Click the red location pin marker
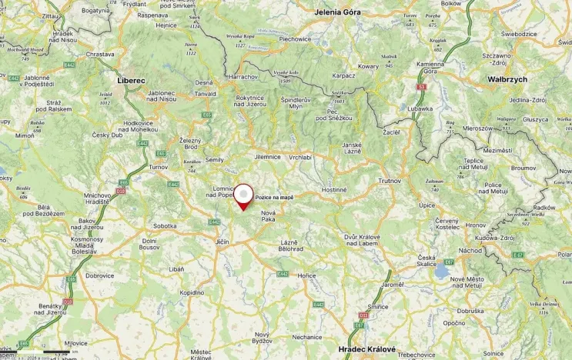tap(243, 195)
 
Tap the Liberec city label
tap(131, 80)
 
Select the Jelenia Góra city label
tap(337, 12)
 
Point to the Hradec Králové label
tap(367, 348)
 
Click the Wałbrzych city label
tap(507, 79)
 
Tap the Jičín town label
tap(222, 242)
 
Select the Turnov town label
tap(159, 167)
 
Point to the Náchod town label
tap(470, 250)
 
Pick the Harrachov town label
tap(243, 77)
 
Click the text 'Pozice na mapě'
tap(275, 198)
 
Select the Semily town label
tap(215, 159)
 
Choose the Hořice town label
tap(307, 275)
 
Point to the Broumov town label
tap(523, 167)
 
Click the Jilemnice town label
tap(268, 156)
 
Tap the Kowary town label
tap(368, 67)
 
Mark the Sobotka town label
tap(165, 225)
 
